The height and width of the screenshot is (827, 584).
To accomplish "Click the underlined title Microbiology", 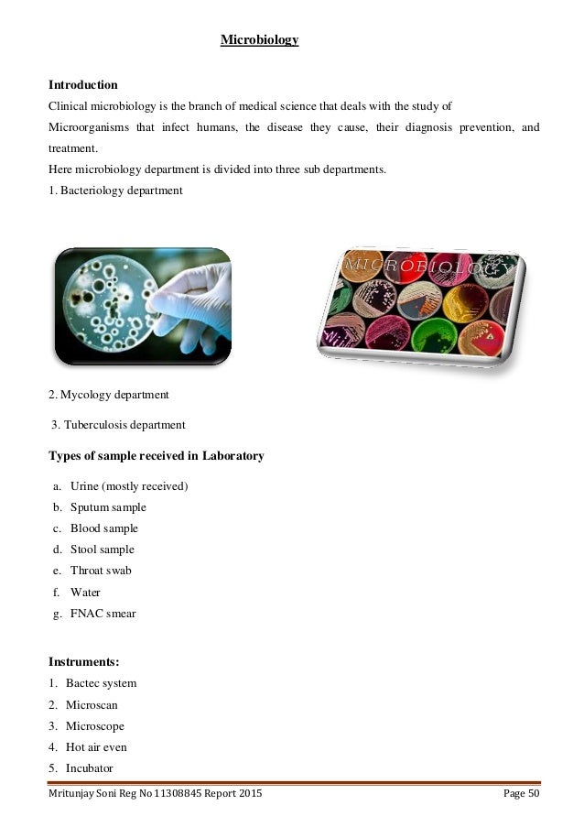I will click(x=259, y=40).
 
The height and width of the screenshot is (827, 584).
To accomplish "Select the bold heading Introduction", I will click(x=83, y=84).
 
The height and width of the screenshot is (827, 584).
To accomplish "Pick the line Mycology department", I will click(x=109, y=395).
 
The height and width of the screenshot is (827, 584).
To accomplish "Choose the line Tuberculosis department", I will click(x=119, y=425).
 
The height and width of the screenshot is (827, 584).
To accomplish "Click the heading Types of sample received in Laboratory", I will click(x=156, y=455).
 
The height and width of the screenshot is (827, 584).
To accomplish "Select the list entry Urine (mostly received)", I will click(x=129, y=485).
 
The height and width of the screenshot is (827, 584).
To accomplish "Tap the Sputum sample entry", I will click(x=108, y=506).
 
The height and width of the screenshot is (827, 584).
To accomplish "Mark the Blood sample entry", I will click(x=104, y=528).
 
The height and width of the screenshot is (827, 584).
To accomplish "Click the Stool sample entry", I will click(x=103, y=550).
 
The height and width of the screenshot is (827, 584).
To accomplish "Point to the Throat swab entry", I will click(x=101, y=571).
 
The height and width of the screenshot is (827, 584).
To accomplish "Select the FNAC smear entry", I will click(x=103, y=614).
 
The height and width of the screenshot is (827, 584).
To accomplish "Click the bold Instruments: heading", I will click(x=83, y=659).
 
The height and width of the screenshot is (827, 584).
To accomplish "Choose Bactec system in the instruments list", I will click(x=101, y=683).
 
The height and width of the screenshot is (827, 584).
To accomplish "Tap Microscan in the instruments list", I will click(x=92, y=705).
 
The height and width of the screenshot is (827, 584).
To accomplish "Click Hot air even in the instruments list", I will click(x=96, y=747).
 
